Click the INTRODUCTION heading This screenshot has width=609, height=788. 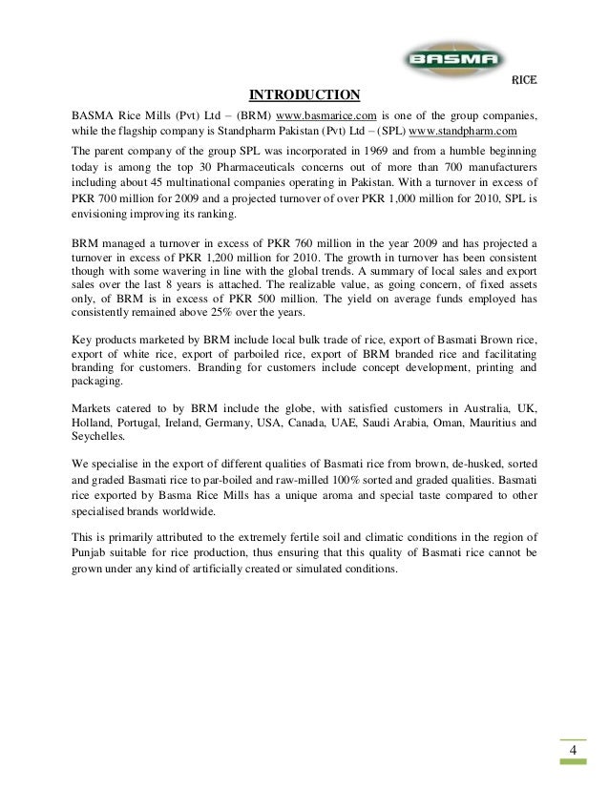[304, 94]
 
